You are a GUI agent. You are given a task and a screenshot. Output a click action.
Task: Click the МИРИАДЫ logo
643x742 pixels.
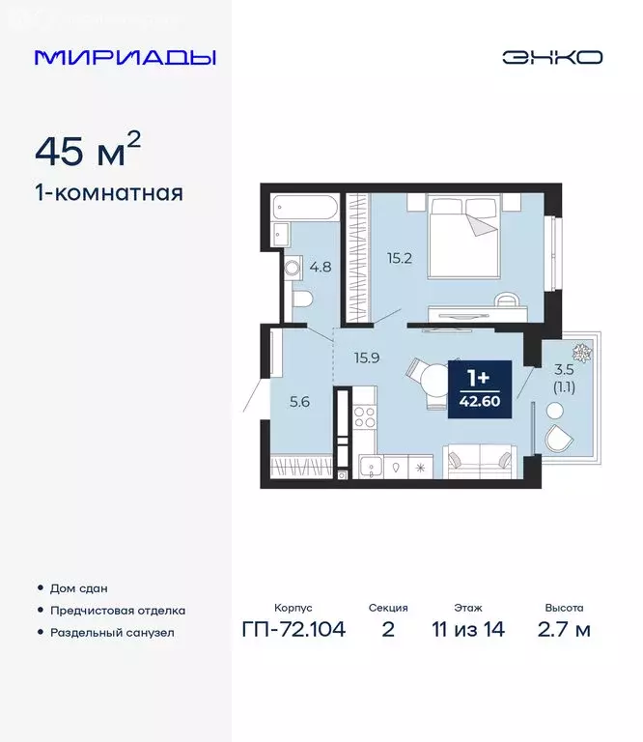coord(125,57)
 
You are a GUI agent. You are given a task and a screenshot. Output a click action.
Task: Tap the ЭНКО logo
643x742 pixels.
coord(551,57)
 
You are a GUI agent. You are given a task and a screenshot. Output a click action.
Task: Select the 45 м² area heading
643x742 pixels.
coord(88,151)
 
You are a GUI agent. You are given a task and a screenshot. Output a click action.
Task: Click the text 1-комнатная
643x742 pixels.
coord(108,193)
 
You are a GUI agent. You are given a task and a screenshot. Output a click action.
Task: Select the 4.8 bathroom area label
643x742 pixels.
coord(320,268)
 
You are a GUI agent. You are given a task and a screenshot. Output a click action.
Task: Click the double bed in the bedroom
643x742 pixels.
coord(464,237)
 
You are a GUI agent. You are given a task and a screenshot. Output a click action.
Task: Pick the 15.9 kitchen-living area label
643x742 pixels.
coord(366,357)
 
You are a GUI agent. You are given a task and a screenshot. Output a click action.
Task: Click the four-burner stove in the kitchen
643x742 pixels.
coord(366,417)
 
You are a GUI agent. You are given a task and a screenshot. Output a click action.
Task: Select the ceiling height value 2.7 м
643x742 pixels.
coord(564,630)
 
